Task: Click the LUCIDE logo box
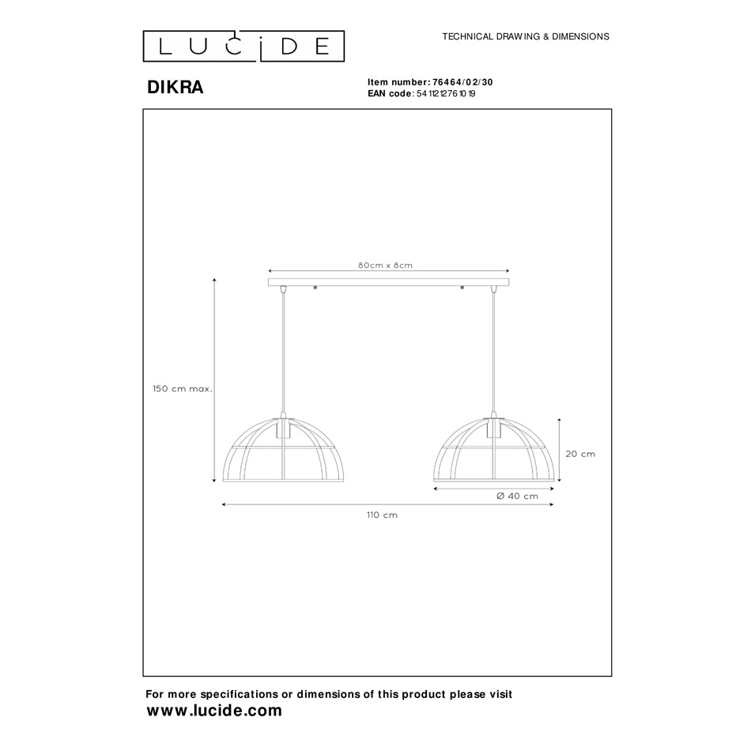[243, 47]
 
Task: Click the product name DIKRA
[175, 87]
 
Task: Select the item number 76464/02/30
[462, 82]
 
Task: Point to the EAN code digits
[446, 94]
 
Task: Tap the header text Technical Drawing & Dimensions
[526, 36]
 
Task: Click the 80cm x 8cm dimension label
[385, 266]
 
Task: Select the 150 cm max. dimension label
[183, 389]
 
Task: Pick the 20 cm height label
[580, 454]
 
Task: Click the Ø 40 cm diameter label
[517, 496]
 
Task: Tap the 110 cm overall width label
[382, 515]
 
